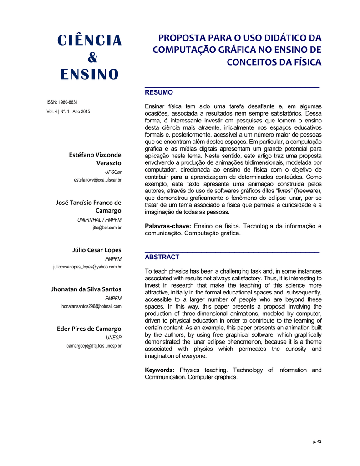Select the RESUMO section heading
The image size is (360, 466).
pos(158,92)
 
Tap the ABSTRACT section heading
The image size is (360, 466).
pos(162,257)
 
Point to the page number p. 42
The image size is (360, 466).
pos(317,441)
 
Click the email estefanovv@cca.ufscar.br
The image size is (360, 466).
pos(97,180)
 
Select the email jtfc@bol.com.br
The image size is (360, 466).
pos(107,228)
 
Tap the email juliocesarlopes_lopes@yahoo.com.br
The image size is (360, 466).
pos(87,267)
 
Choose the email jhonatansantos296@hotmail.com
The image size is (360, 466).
pos(91,306)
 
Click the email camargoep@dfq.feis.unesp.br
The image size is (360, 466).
pos(94,346)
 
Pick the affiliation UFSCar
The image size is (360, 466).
pos(113,172)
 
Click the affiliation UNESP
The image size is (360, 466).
pos(113,338)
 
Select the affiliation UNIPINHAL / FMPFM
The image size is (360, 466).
pos(99,220)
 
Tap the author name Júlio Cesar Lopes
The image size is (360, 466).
pos(96,250)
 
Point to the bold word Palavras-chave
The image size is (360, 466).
pos(167,226)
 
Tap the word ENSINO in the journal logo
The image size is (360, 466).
pos(90,75)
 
